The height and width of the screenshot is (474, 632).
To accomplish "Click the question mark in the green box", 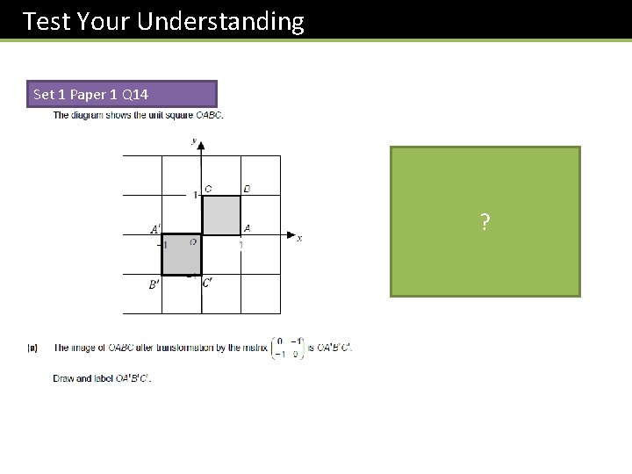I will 485,222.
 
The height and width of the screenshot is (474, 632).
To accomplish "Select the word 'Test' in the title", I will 47,21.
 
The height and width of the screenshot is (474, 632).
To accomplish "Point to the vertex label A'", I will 155,230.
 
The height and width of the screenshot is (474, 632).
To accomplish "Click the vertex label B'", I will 154,284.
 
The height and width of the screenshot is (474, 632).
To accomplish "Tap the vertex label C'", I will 207,283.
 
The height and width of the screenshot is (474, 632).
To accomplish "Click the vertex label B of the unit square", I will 247,189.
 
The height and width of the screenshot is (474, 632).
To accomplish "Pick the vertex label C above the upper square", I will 208,189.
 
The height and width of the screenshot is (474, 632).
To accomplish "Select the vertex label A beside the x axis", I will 247,228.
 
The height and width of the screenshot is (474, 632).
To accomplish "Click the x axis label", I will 299,238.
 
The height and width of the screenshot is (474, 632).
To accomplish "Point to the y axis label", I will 193,140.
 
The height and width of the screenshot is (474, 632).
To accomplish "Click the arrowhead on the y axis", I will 202,146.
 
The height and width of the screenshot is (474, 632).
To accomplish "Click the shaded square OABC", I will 221,215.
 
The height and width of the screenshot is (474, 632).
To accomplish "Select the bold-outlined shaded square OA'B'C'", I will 182,255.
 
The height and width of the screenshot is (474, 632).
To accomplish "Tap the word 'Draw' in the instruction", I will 64,378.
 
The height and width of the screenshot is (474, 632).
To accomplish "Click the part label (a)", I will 33,348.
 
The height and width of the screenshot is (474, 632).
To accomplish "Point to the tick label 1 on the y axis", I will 196,194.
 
